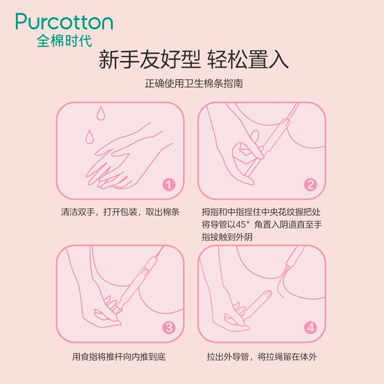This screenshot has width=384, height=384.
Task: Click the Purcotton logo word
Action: tap(64, 22)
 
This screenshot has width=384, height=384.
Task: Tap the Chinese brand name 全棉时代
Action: tap(64, 41)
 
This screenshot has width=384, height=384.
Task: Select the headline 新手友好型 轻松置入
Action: tap(193, 60)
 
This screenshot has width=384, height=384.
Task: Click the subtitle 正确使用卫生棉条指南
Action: tap(194, 84)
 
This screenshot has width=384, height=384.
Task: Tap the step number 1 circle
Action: tap(169, 185)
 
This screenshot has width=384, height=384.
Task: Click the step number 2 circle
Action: tap(311, 185)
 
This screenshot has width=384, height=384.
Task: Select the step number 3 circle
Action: tap(169, 327)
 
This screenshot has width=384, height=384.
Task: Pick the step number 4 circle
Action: tap(311, 327)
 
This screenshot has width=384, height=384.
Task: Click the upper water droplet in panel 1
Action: tap(101, 113)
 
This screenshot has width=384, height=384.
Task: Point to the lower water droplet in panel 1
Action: tap(89, 137)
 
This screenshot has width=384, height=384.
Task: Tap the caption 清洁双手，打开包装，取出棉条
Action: tap(120, 212)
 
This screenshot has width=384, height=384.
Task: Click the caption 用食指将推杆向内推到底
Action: tap(119, 357)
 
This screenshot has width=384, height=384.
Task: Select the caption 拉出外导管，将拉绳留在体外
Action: tap(262, 357)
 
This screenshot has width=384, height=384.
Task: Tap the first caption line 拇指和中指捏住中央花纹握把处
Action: tap(261, 212)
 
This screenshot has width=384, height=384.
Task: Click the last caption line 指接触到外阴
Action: tap(227, 237)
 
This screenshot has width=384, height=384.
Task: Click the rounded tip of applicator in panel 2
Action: tap(286, 121)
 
